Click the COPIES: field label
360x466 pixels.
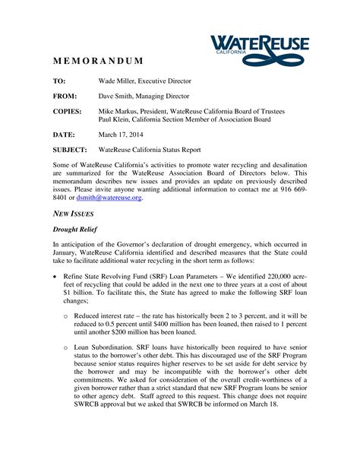coord(68,111)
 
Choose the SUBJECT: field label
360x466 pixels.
coord(70,150)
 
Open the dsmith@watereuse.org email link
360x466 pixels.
coord(109,198)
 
